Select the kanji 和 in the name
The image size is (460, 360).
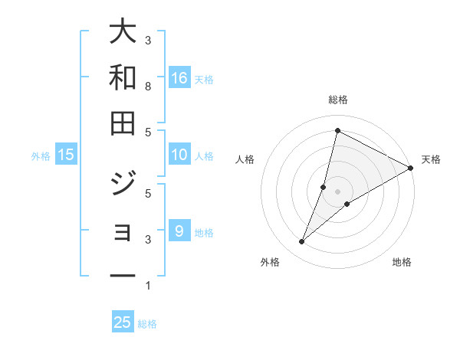123,78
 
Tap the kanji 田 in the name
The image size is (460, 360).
123,123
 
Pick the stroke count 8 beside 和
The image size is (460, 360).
148,86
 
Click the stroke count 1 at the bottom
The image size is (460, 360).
148,286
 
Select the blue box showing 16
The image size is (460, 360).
179,77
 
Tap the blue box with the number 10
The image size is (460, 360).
179,155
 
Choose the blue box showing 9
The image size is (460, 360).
179,231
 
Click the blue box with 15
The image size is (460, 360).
66,155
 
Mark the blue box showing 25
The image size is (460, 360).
123,322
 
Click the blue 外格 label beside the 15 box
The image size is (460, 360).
41,155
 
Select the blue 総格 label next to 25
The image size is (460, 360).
147,323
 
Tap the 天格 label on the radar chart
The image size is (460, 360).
431,159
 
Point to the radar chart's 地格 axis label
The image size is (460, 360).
402,262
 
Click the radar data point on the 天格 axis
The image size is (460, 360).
410,168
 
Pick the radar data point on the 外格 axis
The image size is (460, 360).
301,242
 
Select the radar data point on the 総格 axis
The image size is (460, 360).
337,130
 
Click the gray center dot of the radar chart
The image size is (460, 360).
337,191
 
